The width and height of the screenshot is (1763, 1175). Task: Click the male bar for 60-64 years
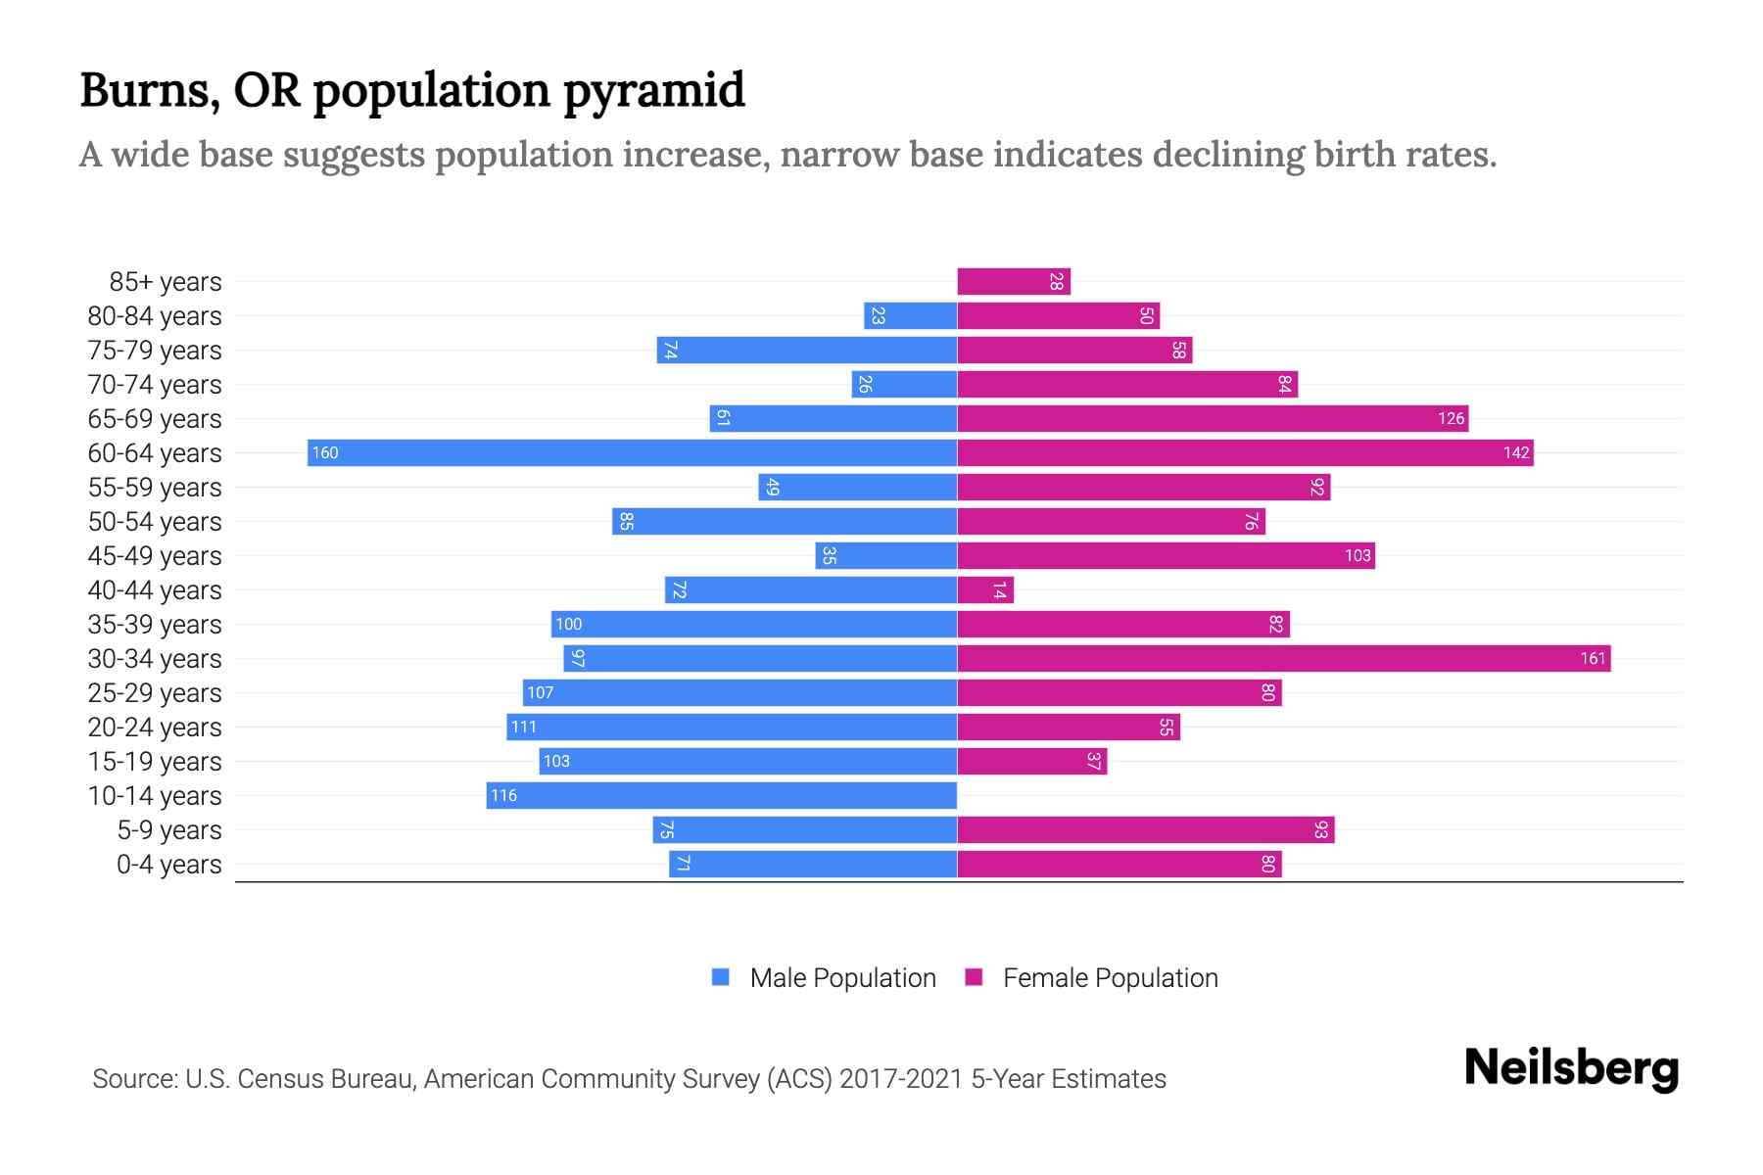pyautogui.click(x=632, y=452)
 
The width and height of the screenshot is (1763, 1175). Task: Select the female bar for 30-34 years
pyautogui.click(x=1283, y=658)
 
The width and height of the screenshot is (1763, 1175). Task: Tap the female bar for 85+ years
pyautogui.click(x=1014, y=281)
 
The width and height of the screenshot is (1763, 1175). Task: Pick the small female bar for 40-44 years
pyautogui.click(x=984, y=589)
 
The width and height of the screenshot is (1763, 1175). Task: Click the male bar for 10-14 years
pyautogui.click(x=722, y=795)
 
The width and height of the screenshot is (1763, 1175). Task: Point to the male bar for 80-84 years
pyautogui.click(x=910, y=315)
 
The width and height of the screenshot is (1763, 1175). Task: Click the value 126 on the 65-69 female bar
pyautogui.click(x=1451, y=419)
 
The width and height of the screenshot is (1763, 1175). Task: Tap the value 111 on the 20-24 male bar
pyautogui.click(x=524, y=728)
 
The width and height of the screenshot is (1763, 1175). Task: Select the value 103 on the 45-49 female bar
pyautogui.click(x=1357, y=556)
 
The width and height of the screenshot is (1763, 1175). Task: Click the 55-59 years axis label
pyautogui.click(x=155, y=488)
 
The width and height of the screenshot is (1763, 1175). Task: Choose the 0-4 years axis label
pyautogui.click(x=168, y=865)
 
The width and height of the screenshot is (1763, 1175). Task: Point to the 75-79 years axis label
pyautogui.click(x=155, y=351)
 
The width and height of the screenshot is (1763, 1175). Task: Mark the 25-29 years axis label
pyautogui.click(x=155, y=693)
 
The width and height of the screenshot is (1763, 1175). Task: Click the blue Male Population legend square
pyautogui.click(x=721, y=977)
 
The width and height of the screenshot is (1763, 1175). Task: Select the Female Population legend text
pyautogui.click(x=1110, y=978)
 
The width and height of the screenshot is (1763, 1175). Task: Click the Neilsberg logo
pyautogui.click(x=1571, y=1068)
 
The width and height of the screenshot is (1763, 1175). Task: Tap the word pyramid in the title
pyautogui.click(x=653, y=91)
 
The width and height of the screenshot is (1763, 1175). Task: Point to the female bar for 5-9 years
pyautogui.click(x=1145, y=829)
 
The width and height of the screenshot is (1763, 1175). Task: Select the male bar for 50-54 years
pyautogui.click(x=784, y=521)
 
